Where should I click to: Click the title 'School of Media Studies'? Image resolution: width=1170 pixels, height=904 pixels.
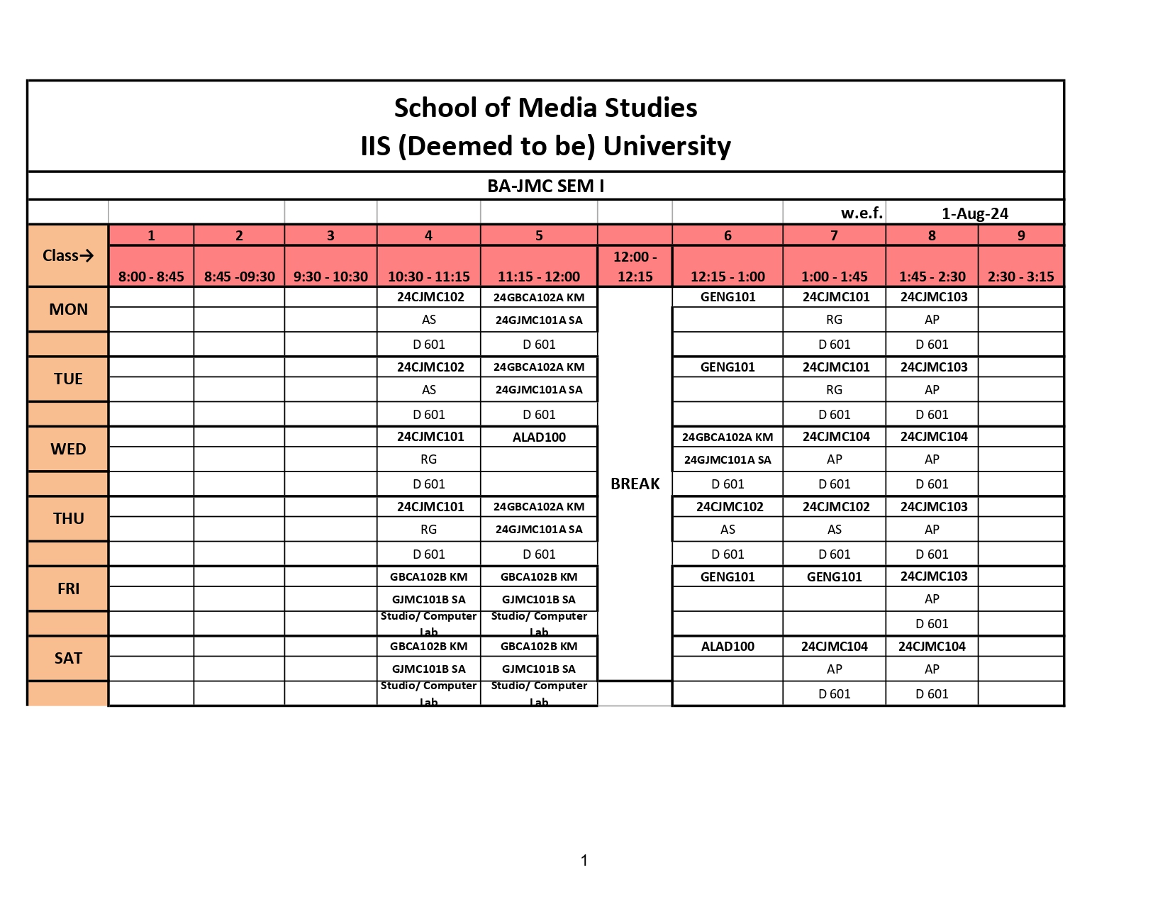545,108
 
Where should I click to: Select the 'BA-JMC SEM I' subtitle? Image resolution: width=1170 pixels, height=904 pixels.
545,186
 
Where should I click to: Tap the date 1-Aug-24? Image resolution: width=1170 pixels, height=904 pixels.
974,213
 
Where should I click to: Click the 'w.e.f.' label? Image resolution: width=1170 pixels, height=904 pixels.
862,213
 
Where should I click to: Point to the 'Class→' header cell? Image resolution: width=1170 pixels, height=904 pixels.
68,255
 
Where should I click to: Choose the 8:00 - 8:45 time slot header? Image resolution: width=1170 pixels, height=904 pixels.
151,277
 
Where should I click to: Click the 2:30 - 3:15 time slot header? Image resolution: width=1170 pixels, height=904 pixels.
1020,277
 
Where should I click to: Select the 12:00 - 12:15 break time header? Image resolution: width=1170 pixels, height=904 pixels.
635,267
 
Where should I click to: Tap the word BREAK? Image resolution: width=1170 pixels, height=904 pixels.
635,484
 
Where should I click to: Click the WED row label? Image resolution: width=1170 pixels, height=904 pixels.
68,449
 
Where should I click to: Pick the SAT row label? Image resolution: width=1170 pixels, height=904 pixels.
68,658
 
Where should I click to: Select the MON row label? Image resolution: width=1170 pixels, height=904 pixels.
68,309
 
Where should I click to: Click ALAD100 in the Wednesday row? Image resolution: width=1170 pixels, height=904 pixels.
539,437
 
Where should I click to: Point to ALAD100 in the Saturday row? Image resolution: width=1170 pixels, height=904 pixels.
728,647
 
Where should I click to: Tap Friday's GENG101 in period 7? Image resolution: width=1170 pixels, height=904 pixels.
834,576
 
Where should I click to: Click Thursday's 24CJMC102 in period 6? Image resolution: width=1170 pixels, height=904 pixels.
730,507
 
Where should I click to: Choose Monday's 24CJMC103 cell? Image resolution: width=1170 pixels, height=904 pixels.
934,297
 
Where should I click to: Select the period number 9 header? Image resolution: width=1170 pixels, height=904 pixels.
1021,235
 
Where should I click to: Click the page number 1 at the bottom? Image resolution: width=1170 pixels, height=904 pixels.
584,861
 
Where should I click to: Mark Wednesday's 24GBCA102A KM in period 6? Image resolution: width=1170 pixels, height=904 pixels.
728,437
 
